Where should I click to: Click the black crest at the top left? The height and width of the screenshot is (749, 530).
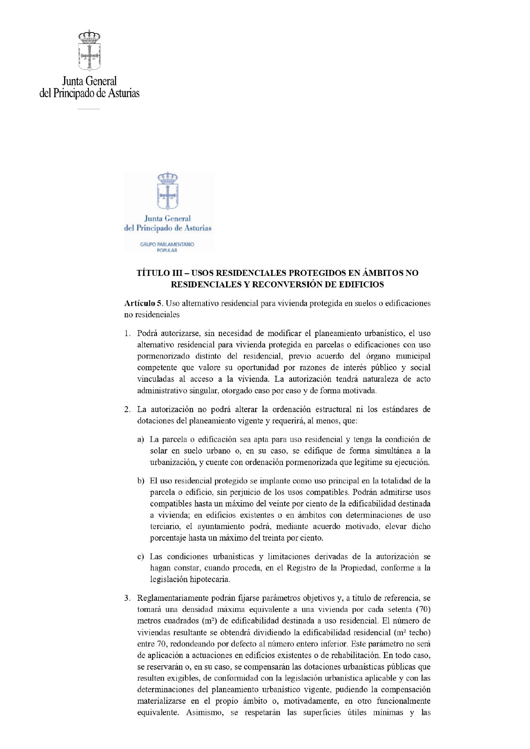[89, 50]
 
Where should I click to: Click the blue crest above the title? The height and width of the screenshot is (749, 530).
[168, 191]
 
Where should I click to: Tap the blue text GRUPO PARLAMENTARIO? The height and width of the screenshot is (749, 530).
[167, 244]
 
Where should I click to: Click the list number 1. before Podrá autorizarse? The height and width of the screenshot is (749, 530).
[127, 333]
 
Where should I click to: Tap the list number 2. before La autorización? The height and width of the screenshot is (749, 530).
[127, 409]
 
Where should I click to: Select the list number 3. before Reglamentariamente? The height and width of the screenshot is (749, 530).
[127, 598]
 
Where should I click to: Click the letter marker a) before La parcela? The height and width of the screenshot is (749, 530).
[141, 439]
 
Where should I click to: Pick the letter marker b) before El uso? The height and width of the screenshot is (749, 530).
[141, 481]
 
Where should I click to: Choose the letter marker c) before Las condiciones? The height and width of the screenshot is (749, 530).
[141, 557]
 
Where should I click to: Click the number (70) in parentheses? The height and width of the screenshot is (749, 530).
[423, 609]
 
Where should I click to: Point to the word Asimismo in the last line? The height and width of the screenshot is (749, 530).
[205, 712]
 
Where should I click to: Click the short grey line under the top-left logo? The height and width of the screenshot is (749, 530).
[88, 109]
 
